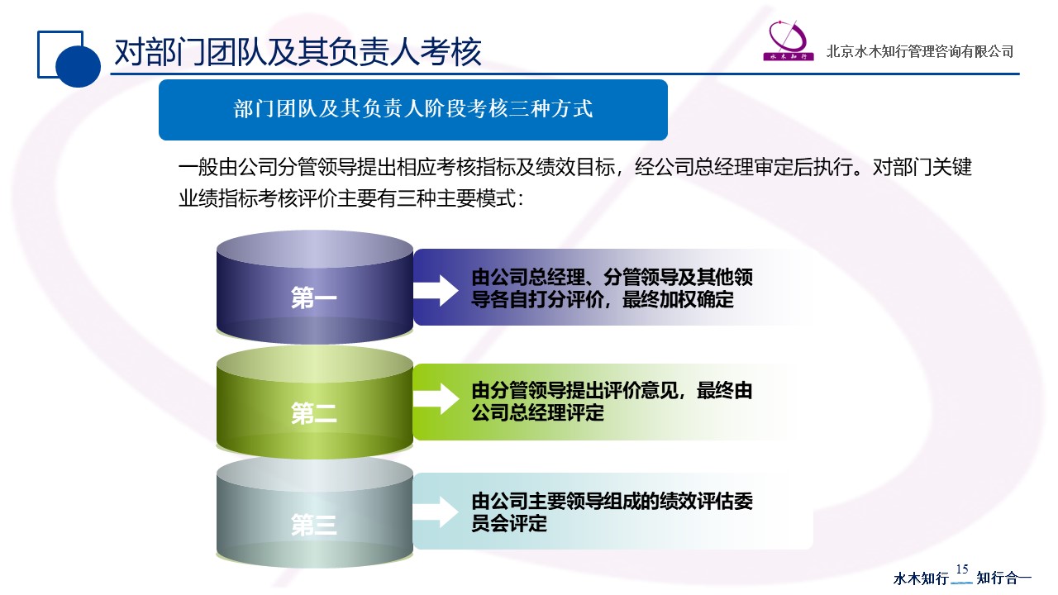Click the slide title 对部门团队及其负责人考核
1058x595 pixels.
coord(297,52)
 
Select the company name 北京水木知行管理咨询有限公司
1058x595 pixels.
coord(920,51)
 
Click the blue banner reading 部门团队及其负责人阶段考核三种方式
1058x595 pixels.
coord(412,109)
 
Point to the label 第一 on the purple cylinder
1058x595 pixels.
coord(314,298)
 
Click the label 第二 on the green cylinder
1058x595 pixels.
coord(314,414)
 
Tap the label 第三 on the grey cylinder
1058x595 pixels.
coord(314,525)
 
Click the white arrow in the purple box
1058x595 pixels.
coord(436,288)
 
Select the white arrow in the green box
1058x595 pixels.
coord(436,399)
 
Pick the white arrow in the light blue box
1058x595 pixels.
coord(436,512)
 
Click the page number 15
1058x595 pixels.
coord(961,569)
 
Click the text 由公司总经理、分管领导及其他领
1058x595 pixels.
coord(612,277)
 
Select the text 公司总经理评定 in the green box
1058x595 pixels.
coord(537,412)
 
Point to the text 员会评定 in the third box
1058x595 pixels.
coord(509,523)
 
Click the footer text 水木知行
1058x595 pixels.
coord(921,578)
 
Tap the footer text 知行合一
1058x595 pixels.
coord(1004,578)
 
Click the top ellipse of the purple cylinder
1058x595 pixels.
coord(314,249)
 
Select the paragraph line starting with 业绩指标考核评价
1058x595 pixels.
coord(351,199)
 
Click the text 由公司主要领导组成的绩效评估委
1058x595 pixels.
coord(612,501)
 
